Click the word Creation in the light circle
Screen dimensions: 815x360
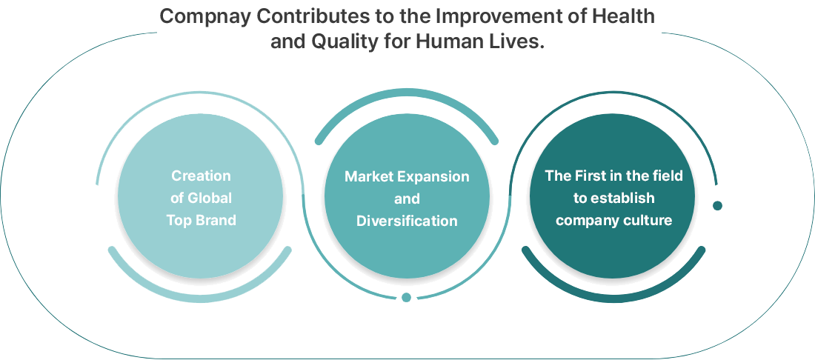click(x=201, y=176)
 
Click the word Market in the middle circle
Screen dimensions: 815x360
click(x=368, y=176)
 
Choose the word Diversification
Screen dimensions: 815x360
click(x=407, y=221)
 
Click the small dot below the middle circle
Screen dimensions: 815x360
click(x=407, y=297)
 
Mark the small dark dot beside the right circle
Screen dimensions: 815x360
click(x=717, y=206)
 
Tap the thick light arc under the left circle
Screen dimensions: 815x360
click(x=199, y=299)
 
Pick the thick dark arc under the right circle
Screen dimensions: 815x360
click(x=613, y=299)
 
